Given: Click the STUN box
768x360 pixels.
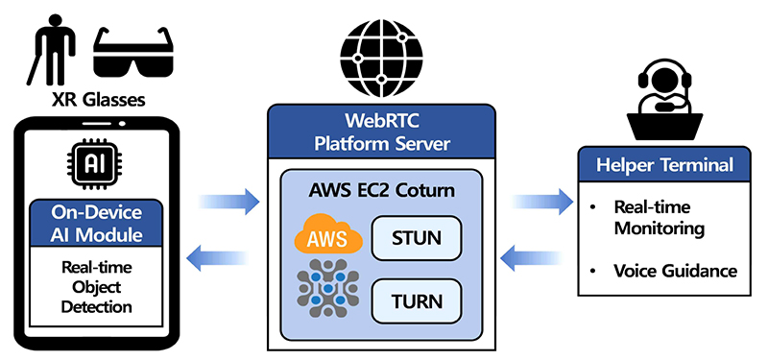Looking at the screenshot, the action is [x=417, y=238].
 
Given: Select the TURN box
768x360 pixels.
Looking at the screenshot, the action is [x=417, y=301].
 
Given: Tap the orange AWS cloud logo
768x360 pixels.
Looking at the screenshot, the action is [x=328, y=237].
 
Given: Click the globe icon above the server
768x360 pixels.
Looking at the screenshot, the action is [x=381, y=59].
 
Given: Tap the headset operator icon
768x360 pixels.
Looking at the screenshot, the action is [x=664, y=100].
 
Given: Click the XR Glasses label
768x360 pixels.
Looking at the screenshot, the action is [x=99, y=100].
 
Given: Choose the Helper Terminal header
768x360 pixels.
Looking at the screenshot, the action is [x=664, y=164].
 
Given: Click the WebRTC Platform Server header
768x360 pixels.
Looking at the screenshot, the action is [x=381, y=132].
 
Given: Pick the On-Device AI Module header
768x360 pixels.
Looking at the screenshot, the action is [x=95, y=223].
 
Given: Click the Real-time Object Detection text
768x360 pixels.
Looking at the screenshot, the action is [x=97, y=287].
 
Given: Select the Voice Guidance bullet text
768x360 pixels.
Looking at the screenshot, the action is [x=676, y=271].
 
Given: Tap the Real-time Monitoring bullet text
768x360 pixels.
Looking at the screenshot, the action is [x=660, y=218].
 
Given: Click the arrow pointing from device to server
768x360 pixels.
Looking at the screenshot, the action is [x=228, y=201].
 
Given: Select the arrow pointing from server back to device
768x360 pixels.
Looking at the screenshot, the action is [x=217, y=257].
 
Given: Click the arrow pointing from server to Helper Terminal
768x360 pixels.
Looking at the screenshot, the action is [x=542, y=201].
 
